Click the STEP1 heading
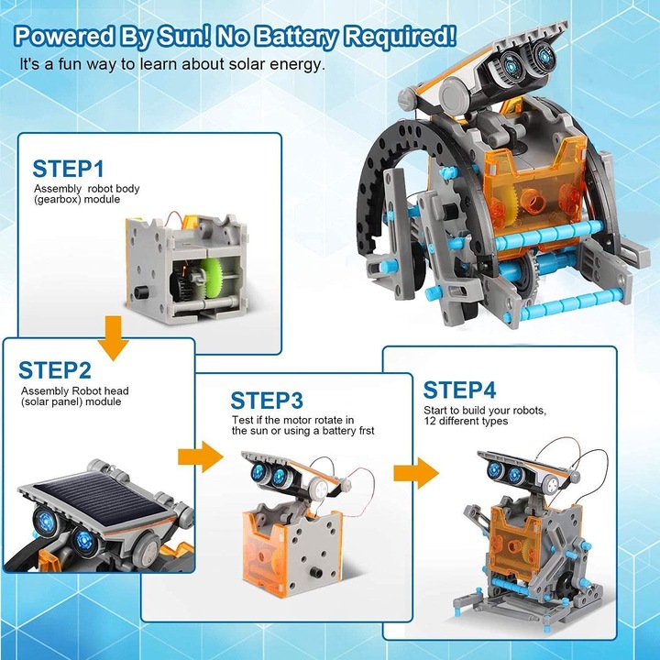pos(68,169)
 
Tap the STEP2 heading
pos(55,370)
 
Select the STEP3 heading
pos(267,401)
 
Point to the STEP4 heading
pos(459,390)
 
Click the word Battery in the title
pos(297,37)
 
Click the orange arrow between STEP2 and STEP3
pos(201,456)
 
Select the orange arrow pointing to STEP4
pos(416,473)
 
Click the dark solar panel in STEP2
pos(100,500)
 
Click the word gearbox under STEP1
pos(57,199)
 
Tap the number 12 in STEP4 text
pos(430,421)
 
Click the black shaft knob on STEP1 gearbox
pos(142,291)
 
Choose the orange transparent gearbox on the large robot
pos(533,192)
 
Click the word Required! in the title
pos(400,36)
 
